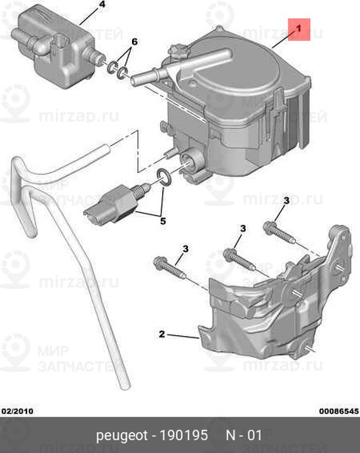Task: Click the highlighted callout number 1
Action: (299, 29)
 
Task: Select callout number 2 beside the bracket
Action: (162, 334)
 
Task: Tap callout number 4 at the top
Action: (102, 5)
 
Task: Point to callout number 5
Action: (163, 221)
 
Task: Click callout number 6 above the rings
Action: (134, 42)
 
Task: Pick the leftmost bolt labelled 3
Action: (170, 268)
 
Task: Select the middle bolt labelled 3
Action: (239, 260)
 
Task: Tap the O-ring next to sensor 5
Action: (164, 177)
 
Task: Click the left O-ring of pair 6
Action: (112, 67)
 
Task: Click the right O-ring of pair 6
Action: (123, 72)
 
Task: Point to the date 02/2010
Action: (18, 411)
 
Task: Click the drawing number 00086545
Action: (339, 411)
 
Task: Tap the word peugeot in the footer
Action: (122, 436)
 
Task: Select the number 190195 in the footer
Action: (184, 435)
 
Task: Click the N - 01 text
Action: (244, 435)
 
